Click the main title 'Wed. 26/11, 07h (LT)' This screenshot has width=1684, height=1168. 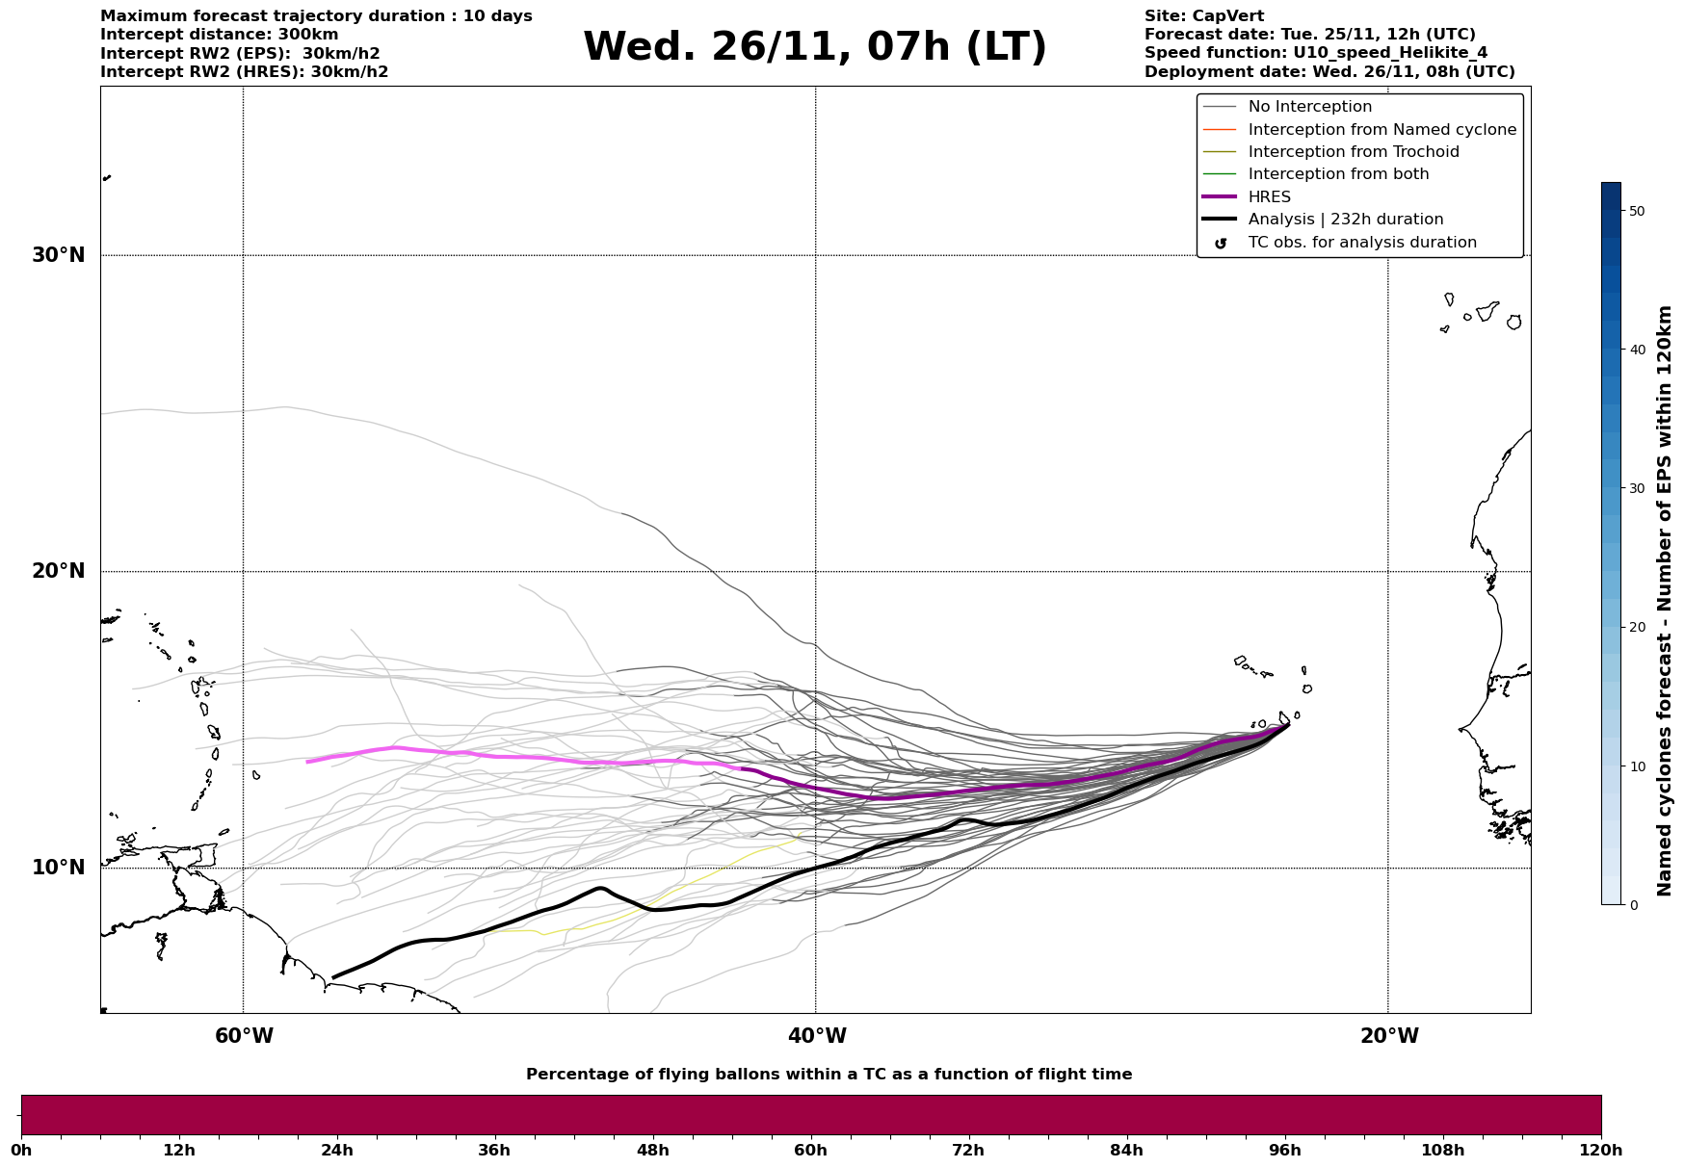tap(814, 47)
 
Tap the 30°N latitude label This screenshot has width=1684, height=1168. tap(58, 255)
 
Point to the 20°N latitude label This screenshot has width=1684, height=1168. tap(58, 571)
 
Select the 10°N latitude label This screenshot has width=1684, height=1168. tap(58, 868)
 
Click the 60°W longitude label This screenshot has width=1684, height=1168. tap(244, 1036)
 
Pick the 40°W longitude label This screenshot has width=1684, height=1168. tap(816, 1036)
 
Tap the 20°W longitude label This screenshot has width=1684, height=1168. tap(1388, 1036)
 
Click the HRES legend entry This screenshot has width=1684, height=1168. tap(1269, 197)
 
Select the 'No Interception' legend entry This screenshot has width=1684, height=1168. tap(1309, 107)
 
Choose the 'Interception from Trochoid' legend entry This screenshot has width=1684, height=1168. tap(1353, 152)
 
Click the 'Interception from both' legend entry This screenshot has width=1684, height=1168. tap(1338, 174)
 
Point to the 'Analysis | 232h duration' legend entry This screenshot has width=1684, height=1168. tap(1345, 220)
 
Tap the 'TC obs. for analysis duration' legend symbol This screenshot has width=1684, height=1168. tap(1221, 243)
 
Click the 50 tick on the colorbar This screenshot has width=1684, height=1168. tap(1637, 211)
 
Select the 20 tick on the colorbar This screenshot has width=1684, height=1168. tap(1637, 628)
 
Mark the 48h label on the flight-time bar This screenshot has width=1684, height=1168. tap(652, 1151)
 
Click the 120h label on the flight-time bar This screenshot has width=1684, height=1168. tap(1601, 1151)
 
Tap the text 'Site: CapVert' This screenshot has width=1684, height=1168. tap(1203, 16)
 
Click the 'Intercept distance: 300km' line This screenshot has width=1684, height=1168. tap(219, 35)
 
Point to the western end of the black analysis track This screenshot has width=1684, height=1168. tap(333, 977)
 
